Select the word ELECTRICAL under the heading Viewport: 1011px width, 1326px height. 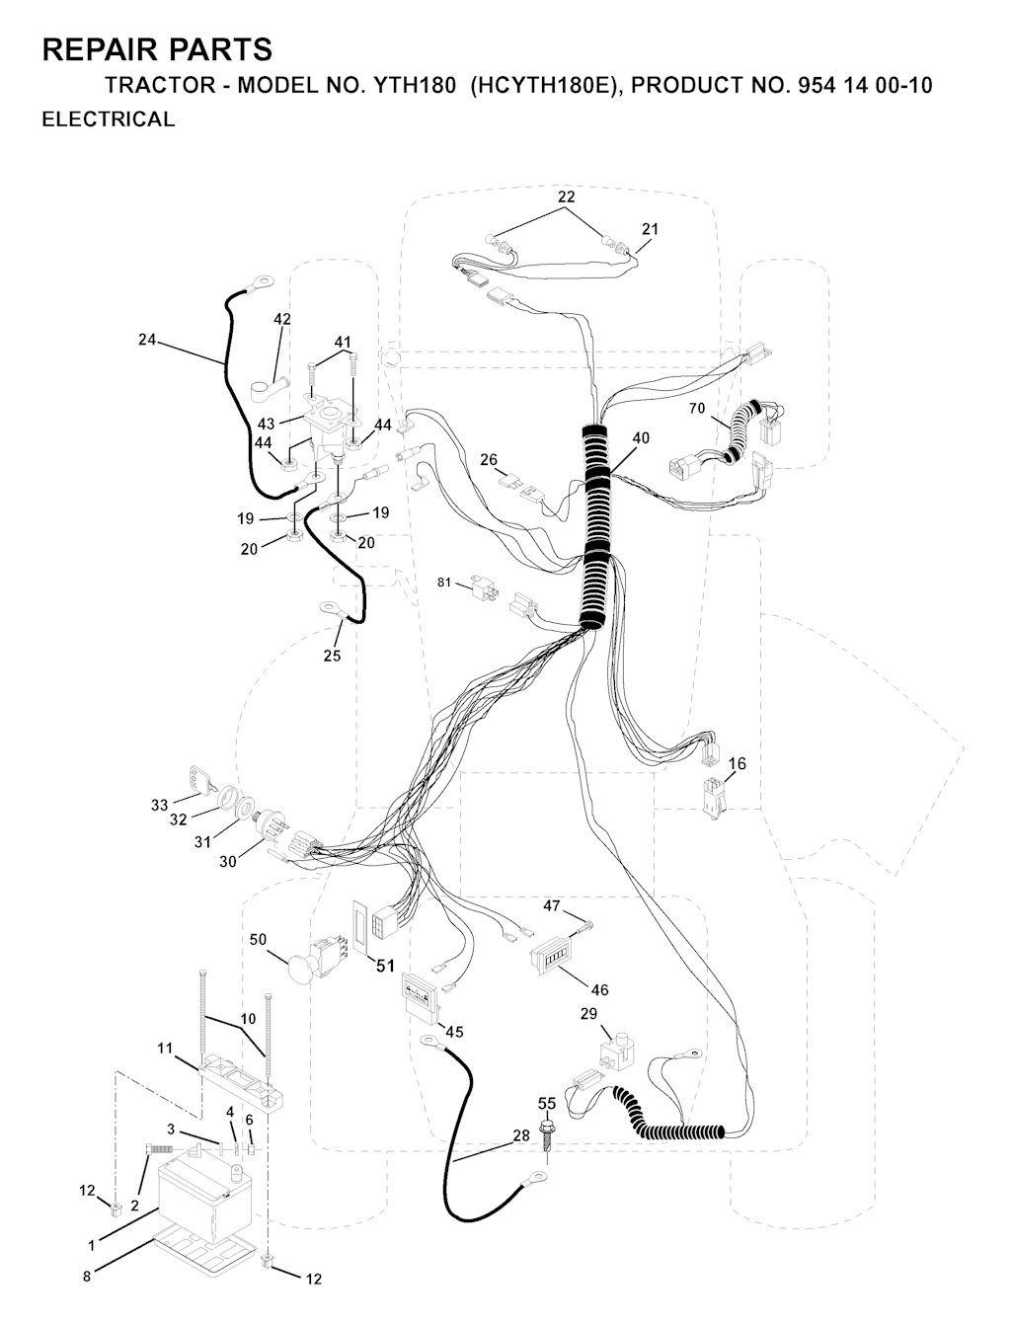click(x=109, y=119)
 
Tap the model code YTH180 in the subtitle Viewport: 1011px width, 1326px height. click(x=415, y=86)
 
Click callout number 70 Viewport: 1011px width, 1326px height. click(x=697, y=409)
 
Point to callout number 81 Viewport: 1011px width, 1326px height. click(x=444, y=583)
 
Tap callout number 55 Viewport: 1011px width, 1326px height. click(x=547, y=1103)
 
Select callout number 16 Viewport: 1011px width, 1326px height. click(x=737, y=763)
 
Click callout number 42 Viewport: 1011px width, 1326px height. click(x=282, y=319)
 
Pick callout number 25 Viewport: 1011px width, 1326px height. click(x=332, y=656)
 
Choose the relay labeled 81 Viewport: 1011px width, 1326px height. click(x=485, y=587)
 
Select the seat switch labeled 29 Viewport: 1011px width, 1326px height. click(x=615, y=1052)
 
